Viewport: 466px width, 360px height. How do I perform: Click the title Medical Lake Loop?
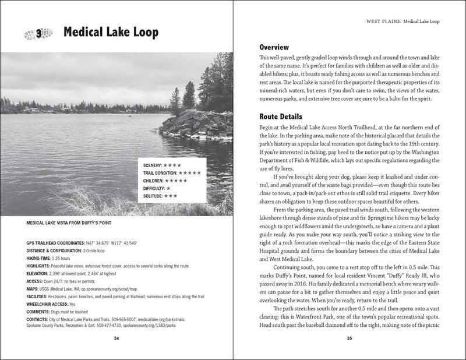point(111,33)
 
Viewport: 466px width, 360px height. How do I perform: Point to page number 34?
point(116,337)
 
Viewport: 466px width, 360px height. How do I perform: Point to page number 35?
point(349,337)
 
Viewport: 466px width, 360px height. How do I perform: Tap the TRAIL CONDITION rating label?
point(160,173)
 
